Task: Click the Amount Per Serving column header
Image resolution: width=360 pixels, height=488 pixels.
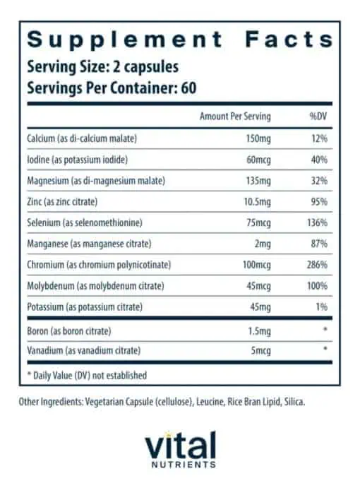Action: click(x=235, y=116)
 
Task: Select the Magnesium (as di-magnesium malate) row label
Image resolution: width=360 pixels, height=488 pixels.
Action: click(x=95, y=180)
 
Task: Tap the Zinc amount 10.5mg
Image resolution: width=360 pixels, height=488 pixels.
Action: click(x=256, y=201)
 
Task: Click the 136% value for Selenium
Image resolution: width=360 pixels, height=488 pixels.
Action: click(x=316, y=222)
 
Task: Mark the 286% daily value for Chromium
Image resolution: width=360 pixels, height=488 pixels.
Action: click(x=316, y=265)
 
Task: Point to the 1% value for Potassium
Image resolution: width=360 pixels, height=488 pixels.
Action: click(x=320, y=307)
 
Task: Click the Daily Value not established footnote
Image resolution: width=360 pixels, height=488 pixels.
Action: click(x=87, y=375)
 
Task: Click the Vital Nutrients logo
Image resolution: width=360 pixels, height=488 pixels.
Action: click(x=180, y=448)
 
